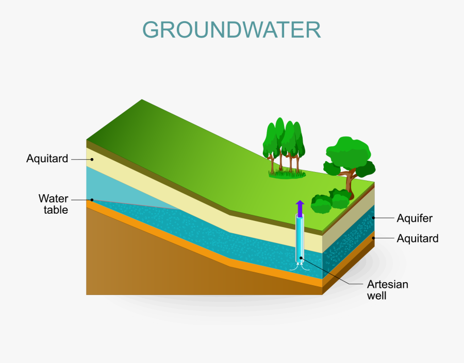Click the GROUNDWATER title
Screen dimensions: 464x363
pyautogui.click(x=231, y=30)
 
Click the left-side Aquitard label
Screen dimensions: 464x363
pyautogui.click(x=47, y=159)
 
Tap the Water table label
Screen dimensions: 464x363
pyautogui.click(x=53, y=204)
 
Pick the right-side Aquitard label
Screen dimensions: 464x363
pyautogui.click(x=418, y=238)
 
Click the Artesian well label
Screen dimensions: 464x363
pyautogui.click(x=387, y=290)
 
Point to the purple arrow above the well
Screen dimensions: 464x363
pyautogui.click(x=300, y=209)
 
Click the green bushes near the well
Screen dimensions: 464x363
pyautogui.click(x=329, y=202)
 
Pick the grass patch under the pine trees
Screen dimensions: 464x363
pyautogui.click(x=287, y=174)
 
